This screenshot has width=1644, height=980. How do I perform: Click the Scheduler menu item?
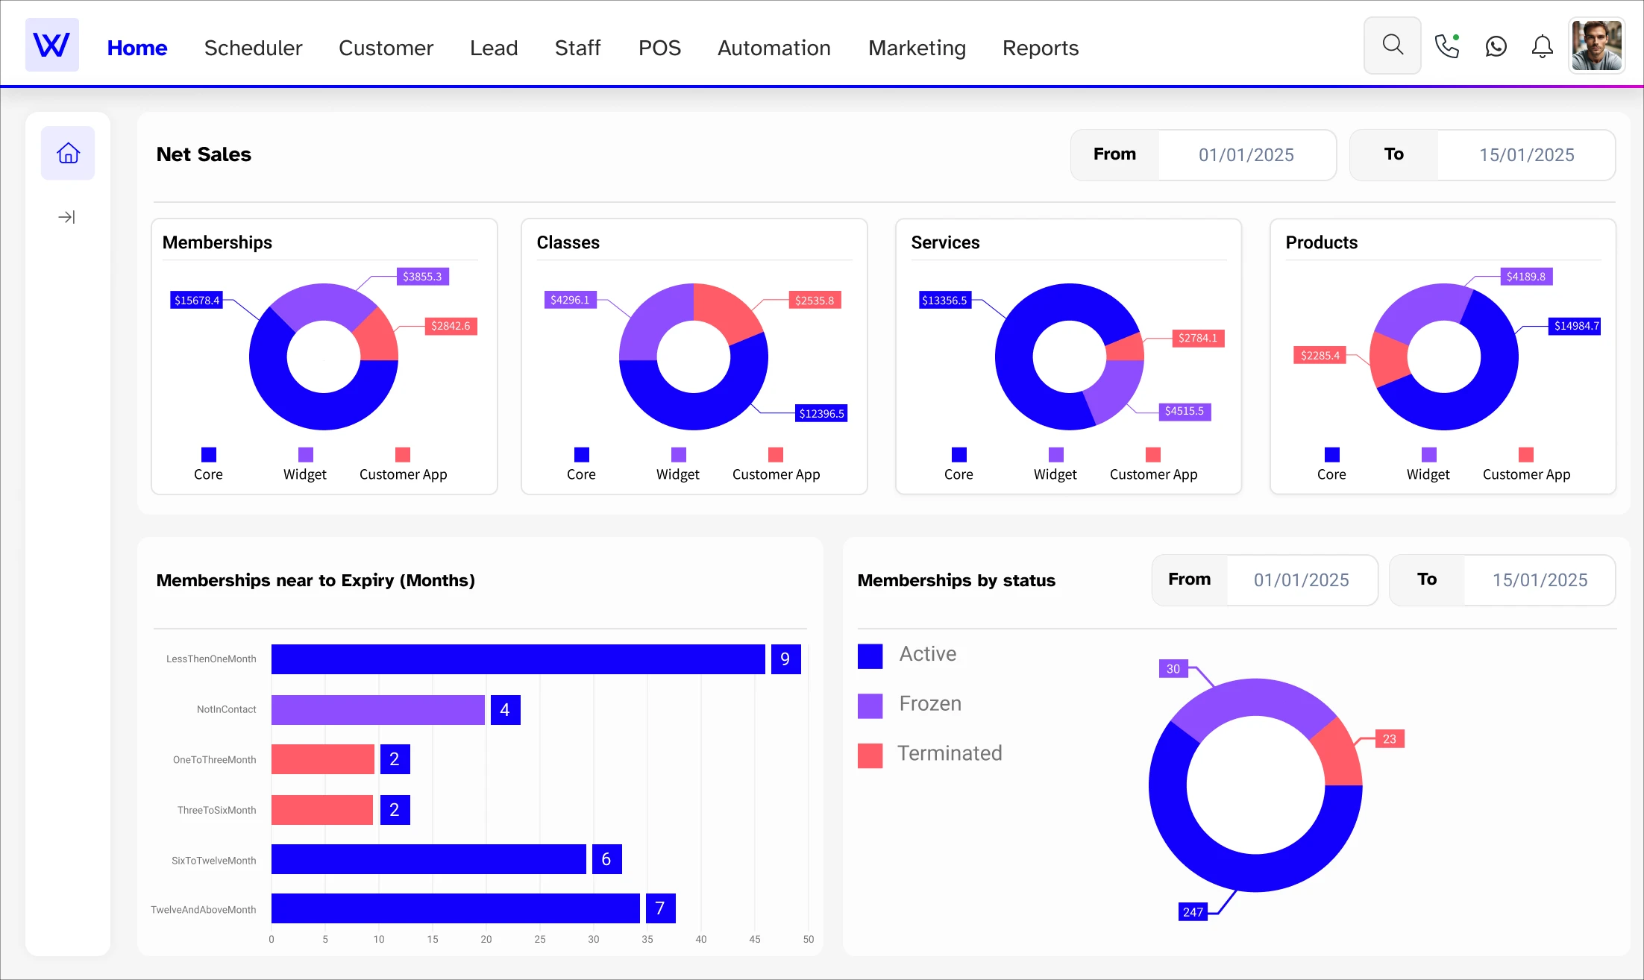point(253,48)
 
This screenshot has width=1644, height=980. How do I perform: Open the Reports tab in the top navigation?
point(1040,48)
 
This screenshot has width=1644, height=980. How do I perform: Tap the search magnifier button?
point(1392,45)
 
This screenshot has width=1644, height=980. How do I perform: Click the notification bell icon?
point(1542,47)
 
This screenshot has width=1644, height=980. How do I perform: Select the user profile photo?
point(1596,45)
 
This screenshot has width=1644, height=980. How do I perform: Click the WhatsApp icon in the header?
point(1496,47)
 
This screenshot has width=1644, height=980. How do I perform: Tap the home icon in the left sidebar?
point(68,153)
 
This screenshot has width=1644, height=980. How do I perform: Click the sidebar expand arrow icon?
point(66,217)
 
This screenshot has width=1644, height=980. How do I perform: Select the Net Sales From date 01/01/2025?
point(1246,155)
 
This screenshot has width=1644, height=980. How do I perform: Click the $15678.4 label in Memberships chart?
point(197,301)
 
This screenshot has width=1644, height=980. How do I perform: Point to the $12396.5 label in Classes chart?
point(821,414)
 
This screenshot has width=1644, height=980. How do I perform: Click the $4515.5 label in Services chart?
point(1184,411)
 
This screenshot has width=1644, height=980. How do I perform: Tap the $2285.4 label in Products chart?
point(1320,356)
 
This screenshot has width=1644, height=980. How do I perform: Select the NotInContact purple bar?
point(377,710)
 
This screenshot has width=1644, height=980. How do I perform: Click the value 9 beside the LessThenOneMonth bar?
point(785,659)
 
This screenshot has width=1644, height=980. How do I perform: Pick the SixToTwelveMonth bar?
point(428,859)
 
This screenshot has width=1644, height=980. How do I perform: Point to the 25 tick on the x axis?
point(539,940)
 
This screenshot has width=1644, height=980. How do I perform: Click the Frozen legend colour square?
point(870,705)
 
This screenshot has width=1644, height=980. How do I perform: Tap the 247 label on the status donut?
point(1192,912)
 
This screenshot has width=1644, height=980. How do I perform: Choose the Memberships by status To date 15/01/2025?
point(1539,580)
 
